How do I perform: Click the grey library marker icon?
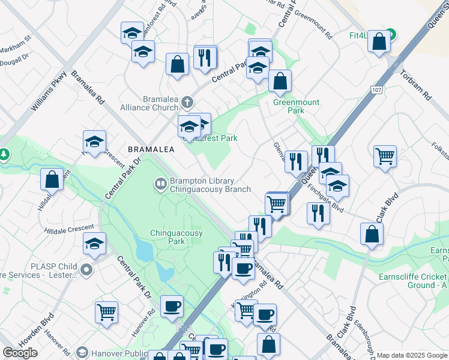pyautogui.click(x=160, y=184)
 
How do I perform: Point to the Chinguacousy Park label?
pyautogui.click(x=176, y=237)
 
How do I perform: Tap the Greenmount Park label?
pyautogui.click(x=288, y=106)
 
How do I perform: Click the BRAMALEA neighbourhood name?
pyautogui.click(x=151, y=149)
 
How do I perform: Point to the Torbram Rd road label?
pyautogui.click(x=421, y=86)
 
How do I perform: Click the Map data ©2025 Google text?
pyautogui.click(x=412, y=355)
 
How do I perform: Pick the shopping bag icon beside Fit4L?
pyautogui.click(x=379, y=42)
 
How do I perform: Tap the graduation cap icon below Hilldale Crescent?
pyautogui.click(x=95, y=244)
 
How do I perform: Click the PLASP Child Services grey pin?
pyautogui.click(x=88, y=269)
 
